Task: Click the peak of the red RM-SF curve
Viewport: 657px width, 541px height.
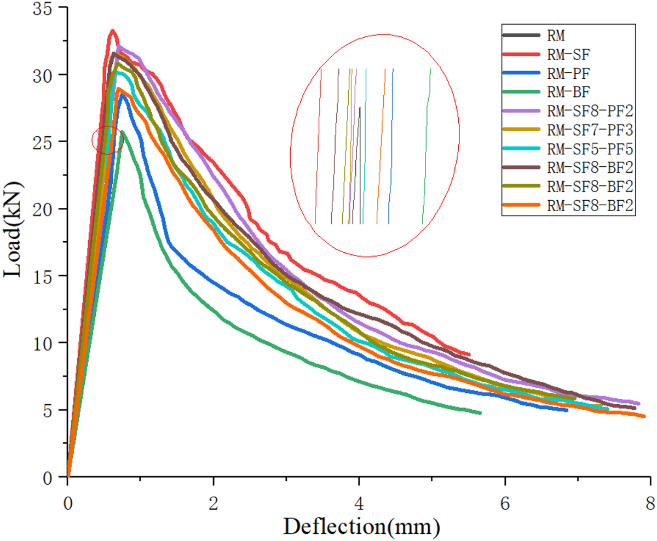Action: tap(113, 31)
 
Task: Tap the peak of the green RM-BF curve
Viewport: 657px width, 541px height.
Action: tap(122, 131)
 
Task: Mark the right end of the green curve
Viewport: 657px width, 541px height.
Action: tap(480, 413)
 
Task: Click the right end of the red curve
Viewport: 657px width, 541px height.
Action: tap(469, 354)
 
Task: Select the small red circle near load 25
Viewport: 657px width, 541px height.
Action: tap(108, 140)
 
